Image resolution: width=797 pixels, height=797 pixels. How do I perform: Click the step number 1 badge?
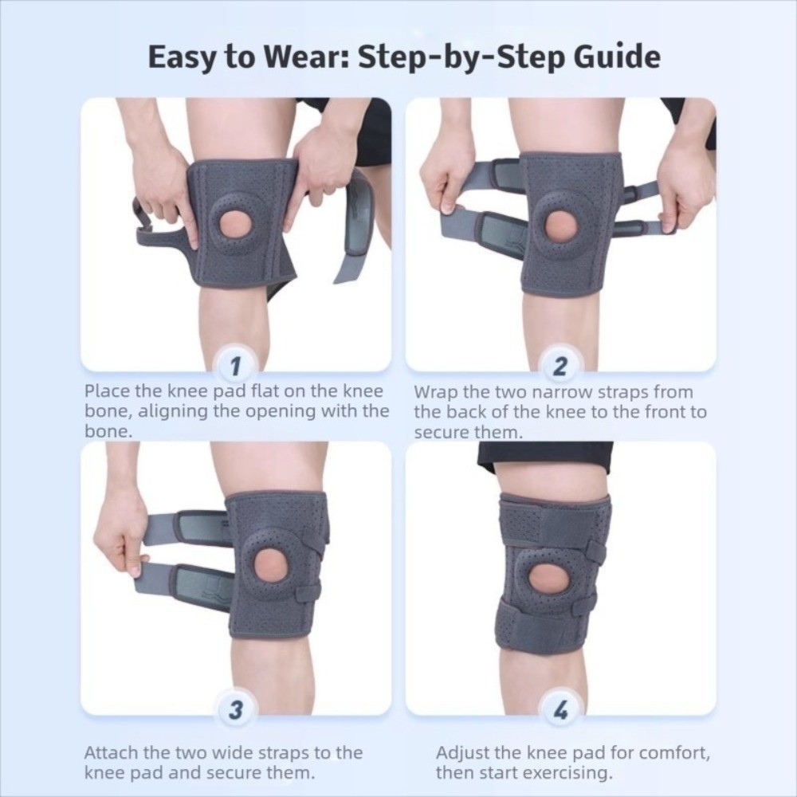[236, 367]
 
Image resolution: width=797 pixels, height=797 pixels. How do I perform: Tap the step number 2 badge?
[560, 367]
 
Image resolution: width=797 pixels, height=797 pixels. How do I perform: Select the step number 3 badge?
[236, 711]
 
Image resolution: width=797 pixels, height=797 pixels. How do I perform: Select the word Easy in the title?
[180, 58]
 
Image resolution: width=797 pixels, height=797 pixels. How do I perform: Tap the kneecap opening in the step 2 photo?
[561, 226]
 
